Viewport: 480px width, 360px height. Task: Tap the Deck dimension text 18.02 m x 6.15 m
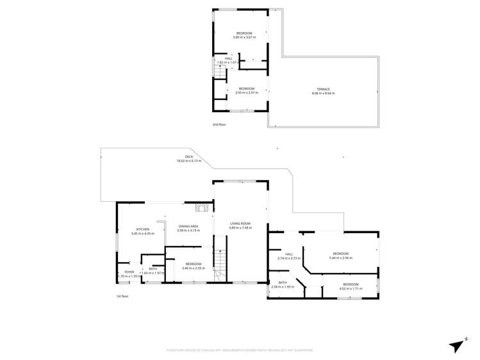[189, 161]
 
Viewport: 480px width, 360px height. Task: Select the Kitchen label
[142, 229]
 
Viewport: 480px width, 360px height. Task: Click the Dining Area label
[188, 226]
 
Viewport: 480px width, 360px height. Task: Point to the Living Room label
[240, 224]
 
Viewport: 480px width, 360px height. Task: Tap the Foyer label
[129, 272]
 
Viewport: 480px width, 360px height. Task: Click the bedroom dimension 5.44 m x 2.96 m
[340, 258]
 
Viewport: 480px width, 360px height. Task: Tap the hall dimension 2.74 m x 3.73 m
[289, 258]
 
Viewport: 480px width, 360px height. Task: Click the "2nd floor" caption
[219, 124]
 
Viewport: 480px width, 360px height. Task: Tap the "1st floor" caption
[122, 297]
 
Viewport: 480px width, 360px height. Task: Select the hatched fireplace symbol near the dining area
[203, 207]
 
